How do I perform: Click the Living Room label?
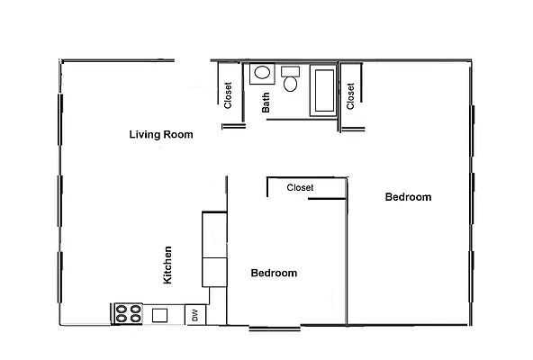click(x=161, y=135)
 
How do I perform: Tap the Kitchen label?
click(x=167, y=265)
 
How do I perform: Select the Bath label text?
click(x=266, y=103)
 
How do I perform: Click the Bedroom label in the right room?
click(x=408, y=197)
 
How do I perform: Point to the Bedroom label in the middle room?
click(x=274, y=273)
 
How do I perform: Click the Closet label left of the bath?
click(x=229, y=95)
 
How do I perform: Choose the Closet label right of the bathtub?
click(x=350, y=92)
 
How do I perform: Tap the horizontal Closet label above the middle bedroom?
click(x=300, y=188)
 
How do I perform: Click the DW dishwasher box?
click(x=195, y=315)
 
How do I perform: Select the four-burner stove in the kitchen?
click(x=127, y=314)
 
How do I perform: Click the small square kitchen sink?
click(x=160, y=315)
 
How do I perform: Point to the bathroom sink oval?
click(x=262, y=74)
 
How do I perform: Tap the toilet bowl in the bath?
click(x=290, y=85)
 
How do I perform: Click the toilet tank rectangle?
click(x=290, y=71)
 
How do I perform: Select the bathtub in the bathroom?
click(x=322, y=89)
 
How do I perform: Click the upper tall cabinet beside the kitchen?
click(x=214, y=234)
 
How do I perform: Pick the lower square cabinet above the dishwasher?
click(x=214, y=272)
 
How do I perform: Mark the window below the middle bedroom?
click(x=275, y=327)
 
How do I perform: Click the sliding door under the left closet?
click(x=234, y=126)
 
